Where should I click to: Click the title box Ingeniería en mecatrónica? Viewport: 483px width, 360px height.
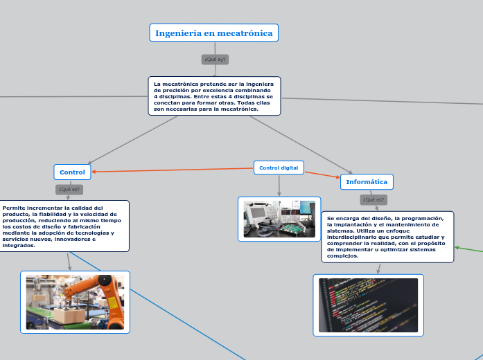tap(213, 33)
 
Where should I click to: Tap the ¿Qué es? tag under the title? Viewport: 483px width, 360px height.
tap(215, 60)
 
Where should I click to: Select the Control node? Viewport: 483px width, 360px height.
tap(72, 172)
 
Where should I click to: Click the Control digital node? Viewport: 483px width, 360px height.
tap(279, 168)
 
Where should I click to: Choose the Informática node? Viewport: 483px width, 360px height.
tap(367, 182)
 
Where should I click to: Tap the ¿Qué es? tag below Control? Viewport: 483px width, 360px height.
tap(69, 189)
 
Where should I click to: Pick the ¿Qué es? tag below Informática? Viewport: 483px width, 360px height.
tap(374, 199)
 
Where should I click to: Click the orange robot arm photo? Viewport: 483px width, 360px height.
tap(75, 302)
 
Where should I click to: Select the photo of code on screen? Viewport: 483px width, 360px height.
tap(369, 305)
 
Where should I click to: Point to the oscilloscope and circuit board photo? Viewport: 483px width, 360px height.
tap(279, 219)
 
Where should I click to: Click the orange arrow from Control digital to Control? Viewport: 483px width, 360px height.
tap(173, 170)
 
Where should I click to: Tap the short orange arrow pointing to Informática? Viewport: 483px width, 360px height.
tap(322, 174)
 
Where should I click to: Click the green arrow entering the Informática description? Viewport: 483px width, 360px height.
tap(468, 249)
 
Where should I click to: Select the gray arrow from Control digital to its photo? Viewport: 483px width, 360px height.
tap(279, 186)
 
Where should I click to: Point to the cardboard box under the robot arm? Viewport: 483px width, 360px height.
tap(69, 314)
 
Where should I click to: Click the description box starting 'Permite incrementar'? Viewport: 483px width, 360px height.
tap(64, 226)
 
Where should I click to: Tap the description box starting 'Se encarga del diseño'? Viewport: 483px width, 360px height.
tap(387, 237)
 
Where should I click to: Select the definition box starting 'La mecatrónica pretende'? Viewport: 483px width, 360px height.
tap(214, 96)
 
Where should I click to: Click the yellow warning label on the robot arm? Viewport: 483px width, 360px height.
tap(112, 303)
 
